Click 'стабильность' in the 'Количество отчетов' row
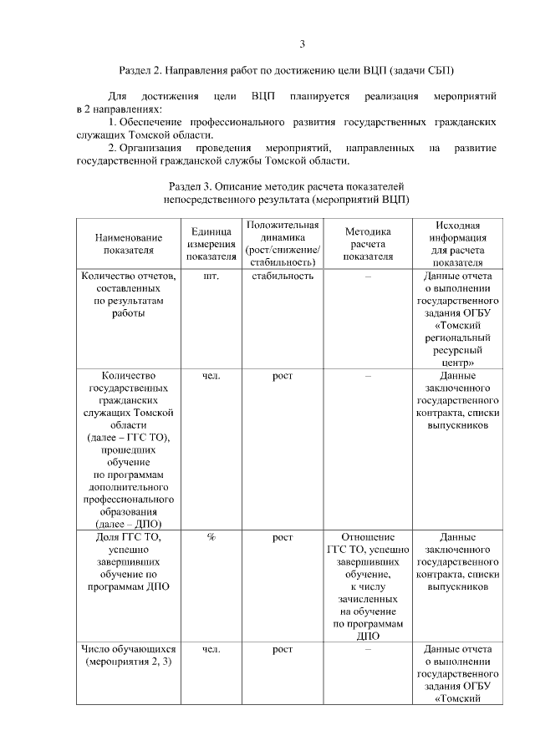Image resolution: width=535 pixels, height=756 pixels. pyautogui.click(x=283, y=277)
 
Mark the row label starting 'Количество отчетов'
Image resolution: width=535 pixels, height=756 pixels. pyautogui.click(x=129, y=294)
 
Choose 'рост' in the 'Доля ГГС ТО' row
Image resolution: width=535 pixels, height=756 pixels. pyautogui.click(x=283, y=537)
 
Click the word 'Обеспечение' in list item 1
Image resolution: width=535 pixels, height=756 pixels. pyautogui.click(x=158, y=123)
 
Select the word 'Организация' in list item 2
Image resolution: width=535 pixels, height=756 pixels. pyautogui.click(x=158, y=148)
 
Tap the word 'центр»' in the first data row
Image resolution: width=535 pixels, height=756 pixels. pyautogui.click(x=457, y=363)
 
